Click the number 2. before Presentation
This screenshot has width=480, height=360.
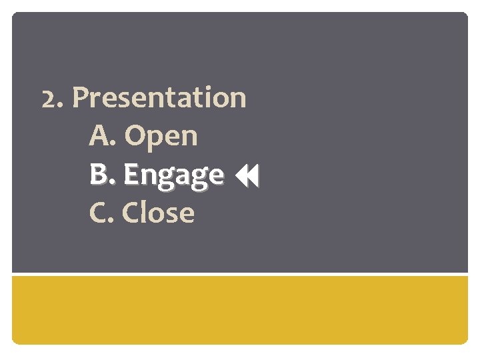coord(53,98)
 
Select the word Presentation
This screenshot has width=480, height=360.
coord(159,98)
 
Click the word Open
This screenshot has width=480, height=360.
coord(161,137)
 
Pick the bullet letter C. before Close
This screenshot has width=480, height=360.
coord(102,213)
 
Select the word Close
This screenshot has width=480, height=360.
coord(159,213)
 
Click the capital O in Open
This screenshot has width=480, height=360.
coord(135,137)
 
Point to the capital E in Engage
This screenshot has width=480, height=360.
coord(131,175)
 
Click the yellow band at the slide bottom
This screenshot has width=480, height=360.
coord(240,310)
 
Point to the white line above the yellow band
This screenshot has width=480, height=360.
coord(240,273)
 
